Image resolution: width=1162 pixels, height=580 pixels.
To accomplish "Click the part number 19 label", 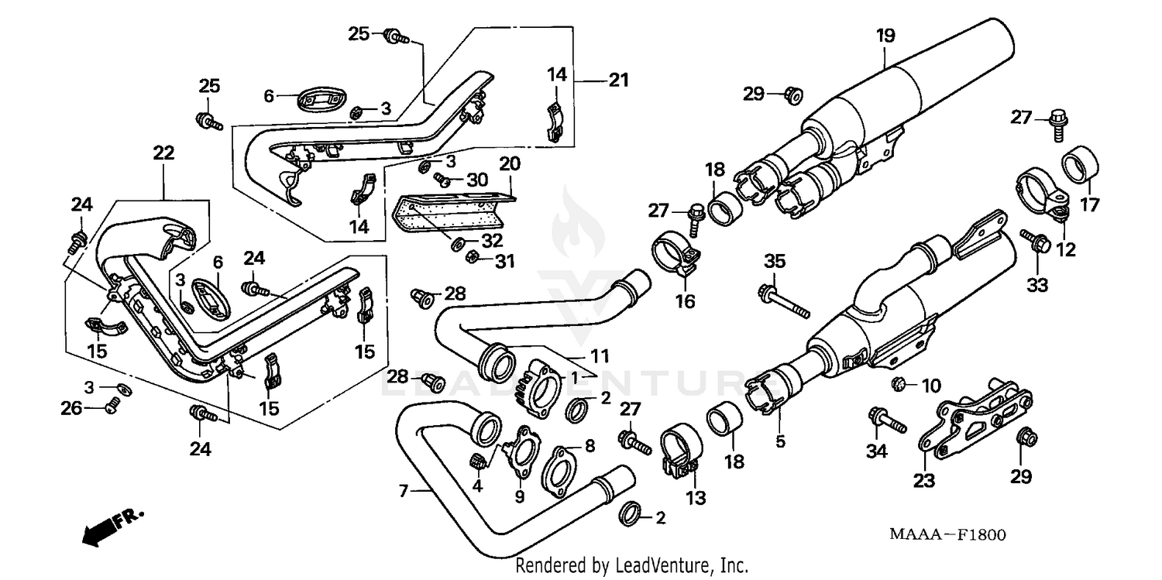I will (x=885, y=36).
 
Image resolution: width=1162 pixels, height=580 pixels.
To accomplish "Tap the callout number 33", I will (x=1037, y=286).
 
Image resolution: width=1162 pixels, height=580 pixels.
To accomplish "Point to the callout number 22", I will (x=164, y=153).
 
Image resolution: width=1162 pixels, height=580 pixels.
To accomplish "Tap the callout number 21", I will (x=618, y=81).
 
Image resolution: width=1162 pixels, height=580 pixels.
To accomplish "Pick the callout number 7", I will (x=403, y=490).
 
